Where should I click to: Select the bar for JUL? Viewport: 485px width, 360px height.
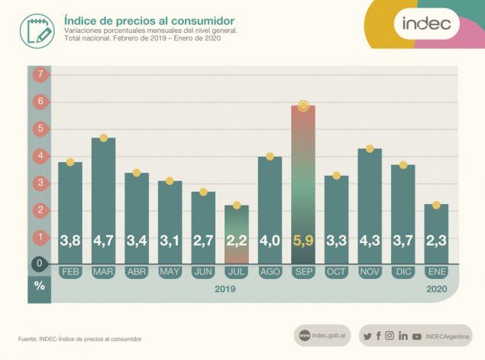237,229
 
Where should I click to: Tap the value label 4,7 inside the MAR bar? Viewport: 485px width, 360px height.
103,241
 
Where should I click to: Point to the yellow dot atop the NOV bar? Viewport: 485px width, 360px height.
370,149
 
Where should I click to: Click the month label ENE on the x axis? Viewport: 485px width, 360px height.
436,272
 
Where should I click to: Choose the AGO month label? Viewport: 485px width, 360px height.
270,272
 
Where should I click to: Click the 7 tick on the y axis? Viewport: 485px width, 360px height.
39,74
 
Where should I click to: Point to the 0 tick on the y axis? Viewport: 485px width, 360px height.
39,264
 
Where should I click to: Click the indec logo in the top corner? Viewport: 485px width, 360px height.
426,24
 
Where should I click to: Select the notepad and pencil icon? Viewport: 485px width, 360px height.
37,30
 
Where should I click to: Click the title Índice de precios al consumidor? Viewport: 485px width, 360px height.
150,20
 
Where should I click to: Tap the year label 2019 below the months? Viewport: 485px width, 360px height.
225,289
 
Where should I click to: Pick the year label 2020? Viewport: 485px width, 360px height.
437,289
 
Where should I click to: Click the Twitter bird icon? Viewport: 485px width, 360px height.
367,336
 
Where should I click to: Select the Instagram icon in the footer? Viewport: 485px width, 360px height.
390,336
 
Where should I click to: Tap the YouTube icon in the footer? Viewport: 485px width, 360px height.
417,336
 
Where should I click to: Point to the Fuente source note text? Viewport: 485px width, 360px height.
80,339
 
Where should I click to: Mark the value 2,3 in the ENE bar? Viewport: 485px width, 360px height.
436,241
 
